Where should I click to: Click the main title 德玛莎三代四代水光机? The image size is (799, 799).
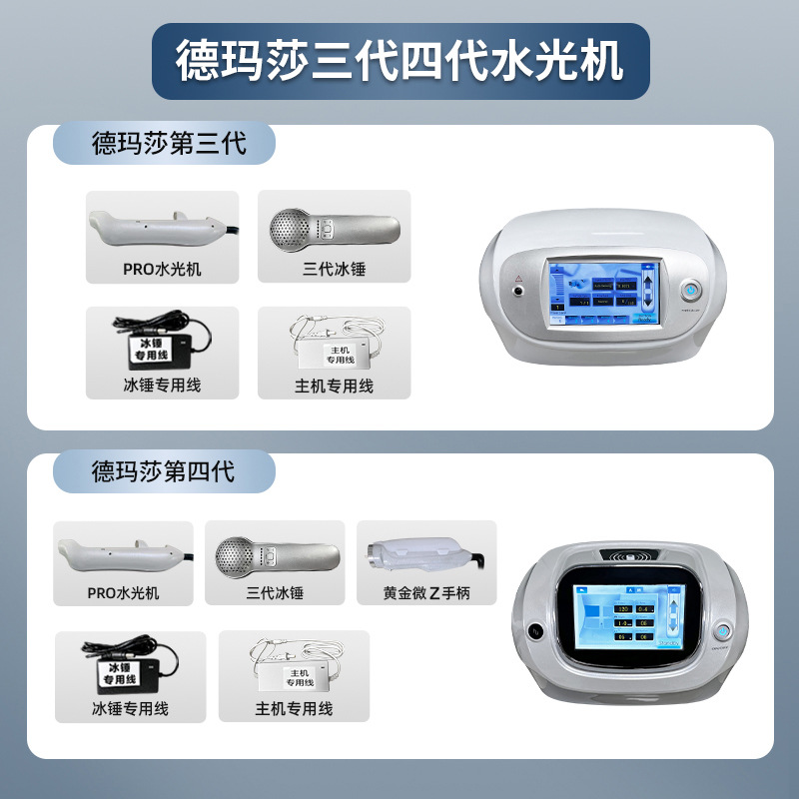click(399, 62)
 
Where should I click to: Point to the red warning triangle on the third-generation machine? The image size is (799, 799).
click(519, 279)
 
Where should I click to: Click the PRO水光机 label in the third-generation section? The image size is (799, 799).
click(162, 269)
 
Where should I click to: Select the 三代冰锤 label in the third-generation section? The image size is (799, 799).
click(334, 269)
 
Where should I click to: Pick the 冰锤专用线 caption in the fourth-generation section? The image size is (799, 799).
click(130, 708)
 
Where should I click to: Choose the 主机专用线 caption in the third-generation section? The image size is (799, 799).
click(334, 385)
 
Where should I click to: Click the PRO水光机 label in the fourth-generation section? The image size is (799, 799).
click(122, 593)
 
